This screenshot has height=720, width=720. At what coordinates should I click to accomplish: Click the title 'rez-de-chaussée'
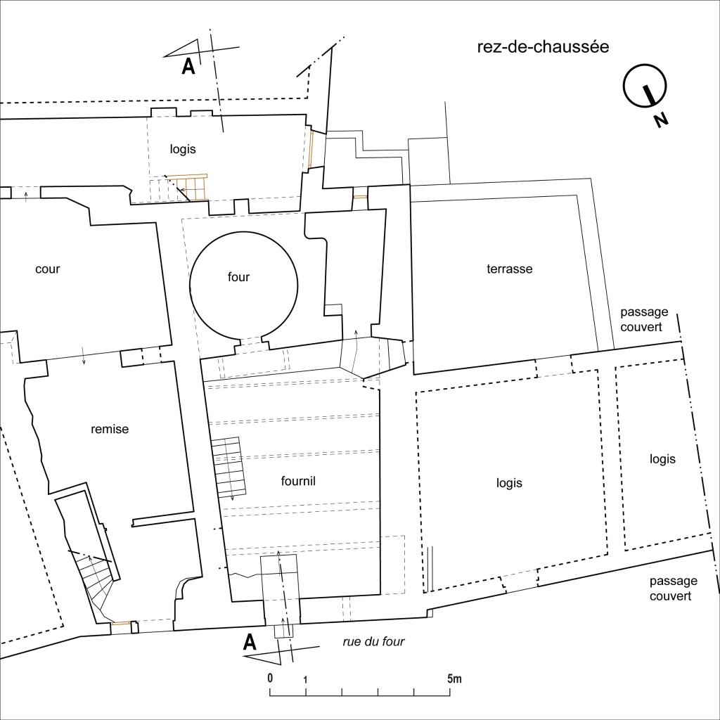(543, 47)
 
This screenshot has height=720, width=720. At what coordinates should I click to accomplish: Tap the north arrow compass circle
(645, 86)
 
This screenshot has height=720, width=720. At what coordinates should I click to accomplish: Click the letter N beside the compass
(661, 120)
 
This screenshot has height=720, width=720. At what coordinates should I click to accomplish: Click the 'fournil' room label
(298, 481)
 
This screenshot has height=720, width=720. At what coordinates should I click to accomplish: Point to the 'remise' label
(110, 430)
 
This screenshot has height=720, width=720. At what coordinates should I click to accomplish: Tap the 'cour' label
(48, 269)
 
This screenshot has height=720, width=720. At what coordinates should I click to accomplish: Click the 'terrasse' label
(510, 269)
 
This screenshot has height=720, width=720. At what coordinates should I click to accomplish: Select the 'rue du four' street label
(373, 641)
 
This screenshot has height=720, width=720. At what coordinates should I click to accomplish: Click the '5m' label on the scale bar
(455, 679)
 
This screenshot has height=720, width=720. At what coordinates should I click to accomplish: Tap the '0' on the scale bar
(270, 679)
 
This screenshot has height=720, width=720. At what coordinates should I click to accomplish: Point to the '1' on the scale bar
(305, 680)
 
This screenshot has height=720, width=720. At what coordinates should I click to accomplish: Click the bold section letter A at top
(188, 67)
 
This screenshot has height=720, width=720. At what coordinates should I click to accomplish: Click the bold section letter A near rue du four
(250, 643)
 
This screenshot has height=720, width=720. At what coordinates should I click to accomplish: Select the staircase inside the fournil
(230, 467)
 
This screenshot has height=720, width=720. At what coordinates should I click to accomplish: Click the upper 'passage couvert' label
(644, 319)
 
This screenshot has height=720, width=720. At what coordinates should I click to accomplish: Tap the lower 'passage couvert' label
(673, 589)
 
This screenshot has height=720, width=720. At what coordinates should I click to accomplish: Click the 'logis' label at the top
(183, 149)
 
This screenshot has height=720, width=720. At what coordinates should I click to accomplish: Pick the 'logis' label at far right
(662, 459)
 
